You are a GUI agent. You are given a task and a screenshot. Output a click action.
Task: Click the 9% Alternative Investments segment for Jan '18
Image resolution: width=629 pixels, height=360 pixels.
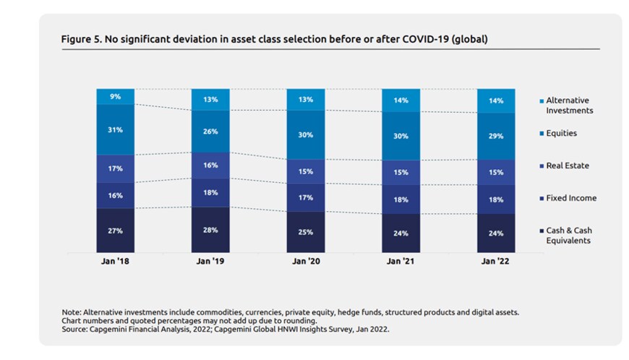[116, 96]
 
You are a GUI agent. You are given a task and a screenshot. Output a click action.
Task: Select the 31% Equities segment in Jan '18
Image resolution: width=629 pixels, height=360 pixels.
[116, 129]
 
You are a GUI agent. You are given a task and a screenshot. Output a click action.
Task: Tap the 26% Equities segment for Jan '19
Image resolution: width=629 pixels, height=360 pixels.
[210, 132]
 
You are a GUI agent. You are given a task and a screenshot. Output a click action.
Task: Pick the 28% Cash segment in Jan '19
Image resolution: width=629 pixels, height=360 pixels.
[210, 230]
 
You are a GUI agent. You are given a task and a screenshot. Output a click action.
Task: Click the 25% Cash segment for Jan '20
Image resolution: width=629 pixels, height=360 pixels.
[306, 232]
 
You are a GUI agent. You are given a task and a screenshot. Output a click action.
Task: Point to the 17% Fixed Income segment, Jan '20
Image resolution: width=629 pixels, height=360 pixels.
[306, 197]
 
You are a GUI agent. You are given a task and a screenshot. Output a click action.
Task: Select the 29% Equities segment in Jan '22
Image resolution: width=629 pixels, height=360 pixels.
[496, 136]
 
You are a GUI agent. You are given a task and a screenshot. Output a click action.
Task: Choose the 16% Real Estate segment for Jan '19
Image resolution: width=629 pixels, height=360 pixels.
[210, 165]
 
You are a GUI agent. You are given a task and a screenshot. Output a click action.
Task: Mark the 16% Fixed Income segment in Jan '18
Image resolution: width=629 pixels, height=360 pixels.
[116, 195]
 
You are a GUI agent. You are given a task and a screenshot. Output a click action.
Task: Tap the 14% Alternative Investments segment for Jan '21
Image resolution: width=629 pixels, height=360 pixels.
[401, 100]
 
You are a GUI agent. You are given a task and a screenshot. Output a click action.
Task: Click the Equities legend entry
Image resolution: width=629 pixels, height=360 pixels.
[561, 134]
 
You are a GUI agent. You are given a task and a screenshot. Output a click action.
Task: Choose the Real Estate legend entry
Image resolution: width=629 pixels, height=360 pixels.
[566, 166]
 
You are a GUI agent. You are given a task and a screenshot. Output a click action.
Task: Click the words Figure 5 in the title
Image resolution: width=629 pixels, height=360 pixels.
[79, 39]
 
